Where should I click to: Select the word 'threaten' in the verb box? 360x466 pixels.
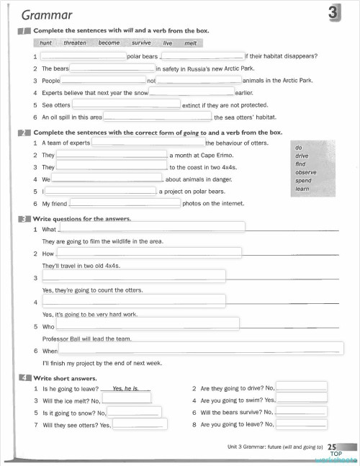click(x=75, y=43)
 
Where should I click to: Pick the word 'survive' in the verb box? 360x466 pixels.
click(x=141, y=43)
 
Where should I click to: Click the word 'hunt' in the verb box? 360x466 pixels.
click(x=45, y=43)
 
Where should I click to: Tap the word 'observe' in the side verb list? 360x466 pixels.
click(x=305, y=173)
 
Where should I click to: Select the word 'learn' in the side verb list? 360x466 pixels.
click(x=302, y=189)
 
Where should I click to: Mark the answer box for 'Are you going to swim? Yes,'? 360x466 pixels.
click(x=302, y=399)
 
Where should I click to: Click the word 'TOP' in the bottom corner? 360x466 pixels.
click(x=335, y=454)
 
